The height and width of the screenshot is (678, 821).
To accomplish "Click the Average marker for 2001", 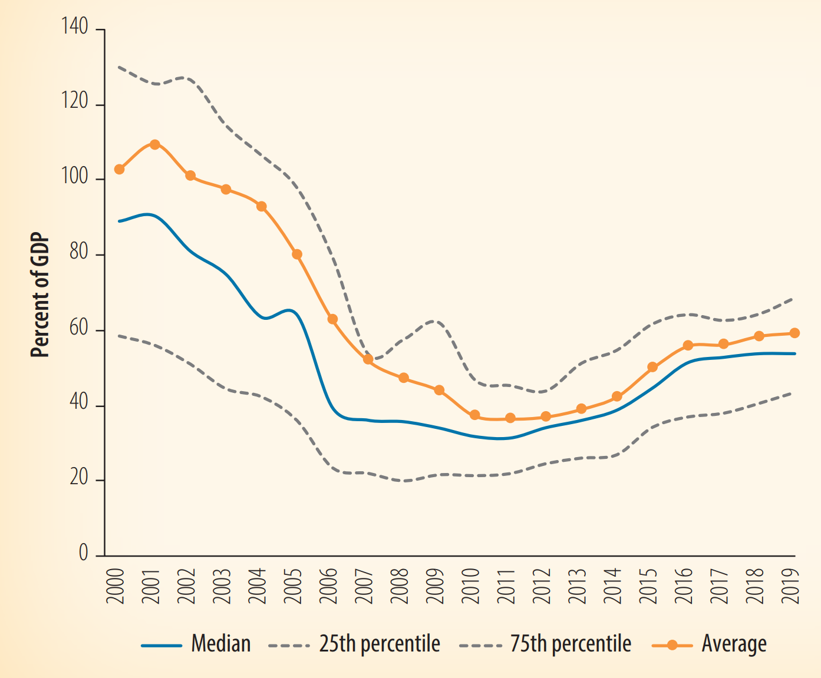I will coord(155,144).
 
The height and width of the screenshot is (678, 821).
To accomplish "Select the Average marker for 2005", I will coord(297,254).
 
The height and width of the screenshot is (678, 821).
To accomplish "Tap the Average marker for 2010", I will coord(474,415).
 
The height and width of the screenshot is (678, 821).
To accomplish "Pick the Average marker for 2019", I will coord(794,333).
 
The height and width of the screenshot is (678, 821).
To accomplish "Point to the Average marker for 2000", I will coord(119,169).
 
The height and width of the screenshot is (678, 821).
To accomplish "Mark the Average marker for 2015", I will coord(652,367).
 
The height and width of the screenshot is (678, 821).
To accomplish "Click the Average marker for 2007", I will coord(368,359).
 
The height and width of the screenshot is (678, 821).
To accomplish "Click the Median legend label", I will coord(221,644).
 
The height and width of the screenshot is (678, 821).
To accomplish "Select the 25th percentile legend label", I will coord(380,644).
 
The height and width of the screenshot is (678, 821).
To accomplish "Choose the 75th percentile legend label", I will coord(571,644).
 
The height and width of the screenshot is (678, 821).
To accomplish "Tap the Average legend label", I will coord(734,644).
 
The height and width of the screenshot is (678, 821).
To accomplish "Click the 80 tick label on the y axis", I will coord(78,253).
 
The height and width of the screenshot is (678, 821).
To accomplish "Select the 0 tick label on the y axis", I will coord(83,553).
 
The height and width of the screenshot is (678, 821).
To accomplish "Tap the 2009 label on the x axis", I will coord(435,586).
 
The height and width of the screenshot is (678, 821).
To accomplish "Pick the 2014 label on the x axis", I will coord(613,586).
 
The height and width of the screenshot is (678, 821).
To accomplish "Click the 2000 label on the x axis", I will coord(116,586).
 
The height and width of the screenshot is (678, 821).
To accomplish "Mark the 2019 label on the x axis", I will coord(790,586).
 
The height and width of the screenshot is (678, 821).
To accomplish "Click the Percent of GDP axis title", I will coord(40,297).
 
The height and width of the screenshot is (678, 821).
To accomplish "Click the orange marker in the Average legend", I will coord(672,645).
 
